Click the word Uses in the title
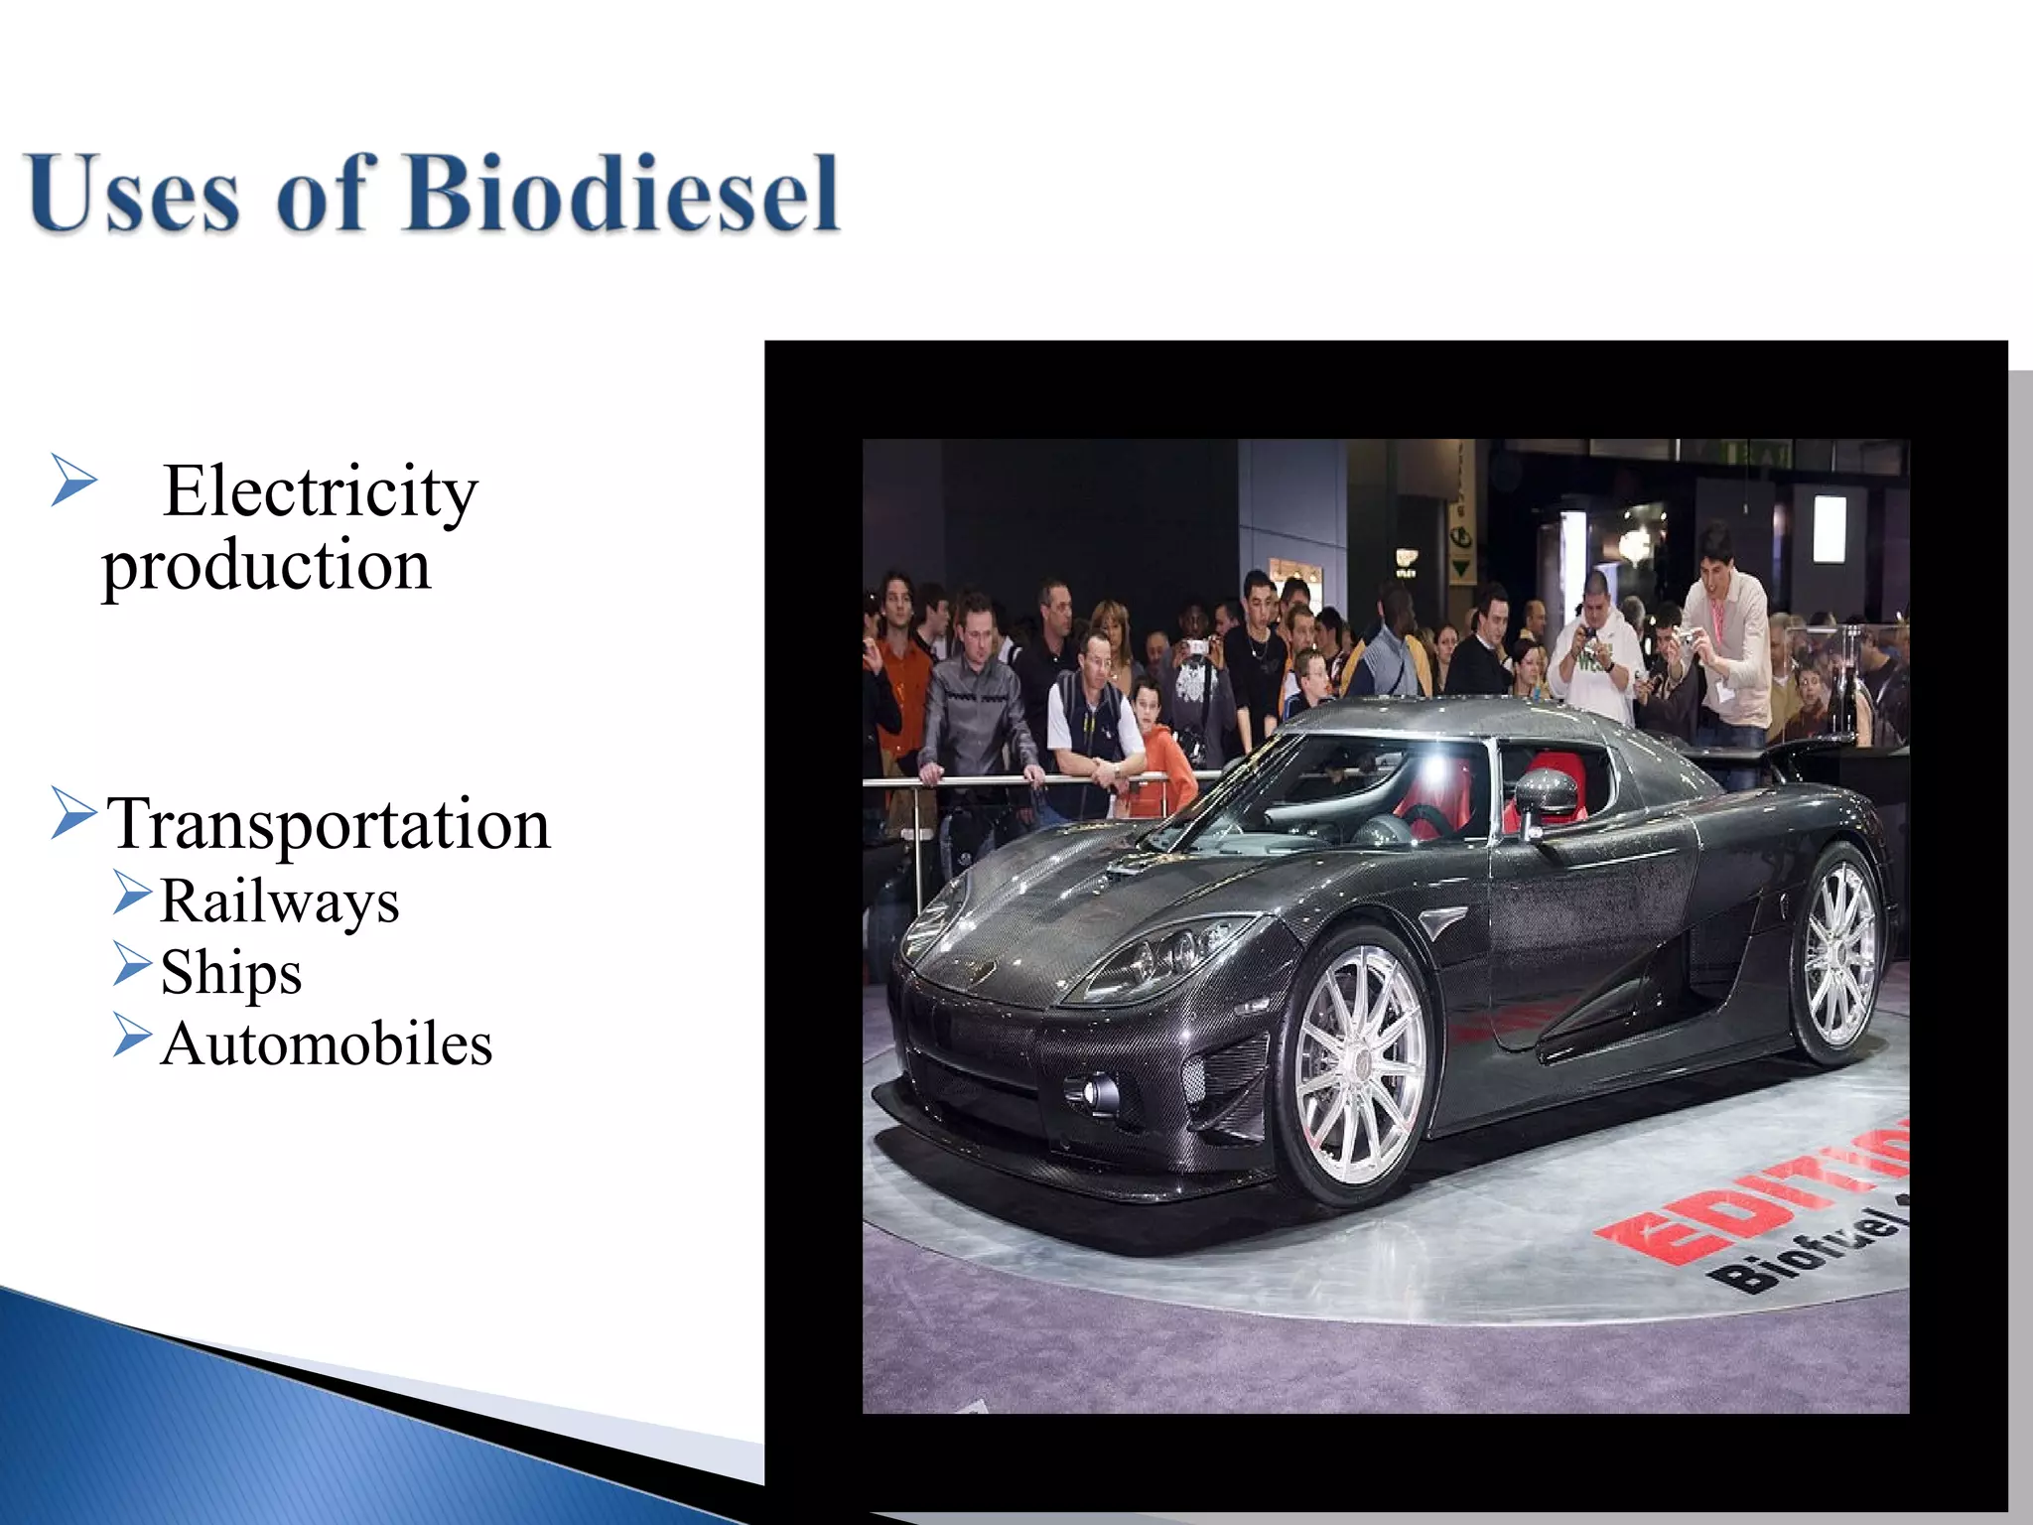click(134, 193)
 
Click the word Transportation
click(329, 824)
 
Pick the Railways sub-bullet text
click(279, 901)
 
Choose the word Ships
click(230, 972)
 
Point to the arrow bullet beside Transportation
click(72, 813)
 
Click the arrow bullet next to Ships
click(132, 964)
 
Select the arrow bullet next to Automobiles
click(132, 1036)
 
